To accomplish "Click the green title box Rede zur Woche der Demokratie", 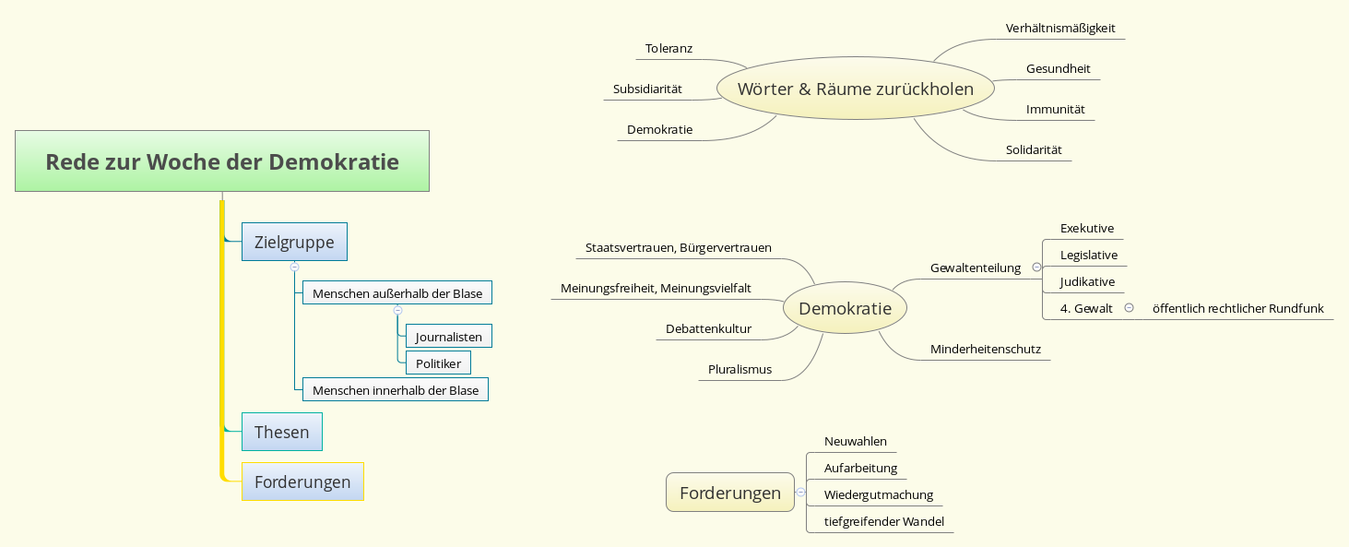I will tap(222, 161).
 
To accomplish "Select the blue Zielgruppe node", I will tap(294, 243).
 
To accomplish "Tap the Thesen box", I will tap(281, 432).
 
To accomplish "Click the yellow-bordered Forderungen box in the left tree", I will tap(302, 482).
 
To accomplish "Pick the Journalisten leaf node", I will tap(448, 337).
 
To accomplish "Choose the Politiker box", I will tap(438, 363).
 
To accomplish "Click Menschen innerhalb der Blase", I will tap(396, 390).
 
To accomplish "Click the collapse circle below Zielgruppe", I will tap(294, 267).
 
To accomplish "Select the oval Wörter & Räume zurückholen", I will tap(855, 89).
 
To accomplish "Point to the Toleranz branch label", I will tap(669, 48).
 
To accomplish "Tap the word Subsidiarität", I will tap(647, 89).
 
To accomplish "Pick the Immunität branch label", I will tap(1055, 109).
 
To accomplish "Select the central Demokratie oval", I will tap(845, 308).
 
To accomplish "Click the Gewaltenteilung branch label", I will tap(975, 268).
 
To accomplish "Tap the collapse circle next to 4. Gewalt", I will tap(1129, 308).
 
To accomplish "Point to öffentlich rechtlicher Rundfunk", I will tap(1237, 308).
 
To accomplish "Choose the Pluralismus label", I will tap(740, 369).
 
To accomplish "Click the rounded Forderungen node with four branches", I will tap(729, 493).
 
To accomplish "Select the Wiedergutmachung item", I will tap(878, 494).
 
